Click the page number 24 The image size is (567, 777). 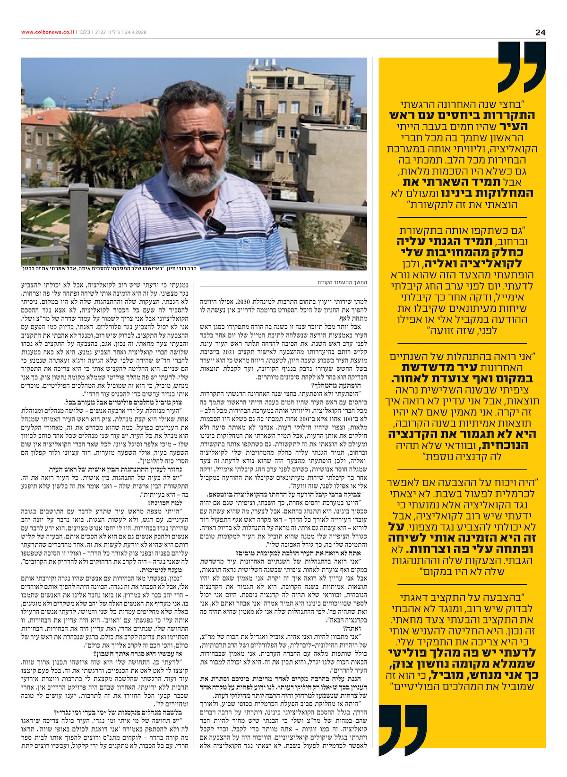coord(540,32)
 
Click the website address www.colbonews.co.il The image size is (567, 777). coord(47,32)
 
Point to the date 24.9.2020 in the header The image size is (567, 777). coord(135,32)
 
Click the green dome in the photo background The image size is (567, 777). coord(49,102)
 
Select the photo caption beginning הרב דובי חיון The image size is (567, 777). coord(108,268)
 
